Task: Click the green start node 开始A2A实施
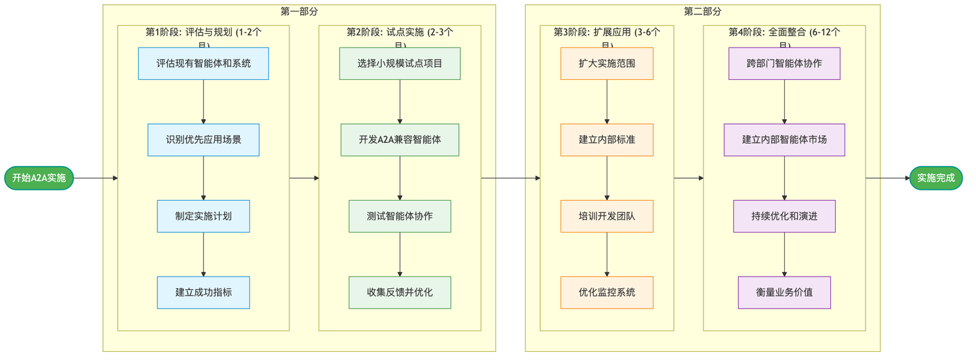39,178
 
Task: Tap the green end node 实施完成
936,178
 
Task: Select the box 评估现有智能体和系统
203,64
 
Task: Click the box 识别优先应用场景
203,140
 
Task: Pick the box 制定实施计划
203,216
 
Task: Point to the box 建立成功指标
203,292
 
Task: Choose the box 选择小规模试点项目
400,64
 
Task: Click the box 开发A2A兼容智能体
400,140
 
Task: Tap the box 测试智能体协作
400,216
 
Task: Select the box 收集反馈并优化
400,292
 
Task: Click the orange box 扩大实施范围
607,64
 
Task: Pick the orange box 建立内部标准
607,140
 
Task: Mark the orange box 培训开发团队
607,216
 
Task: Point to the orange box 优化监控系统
607,292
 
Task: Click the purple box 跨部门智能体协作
784,64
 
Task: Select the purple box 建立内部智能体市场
784,140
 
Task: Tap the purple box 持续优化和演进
784,216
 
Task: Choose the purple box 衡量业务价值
784,292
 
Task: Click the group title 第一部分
299,12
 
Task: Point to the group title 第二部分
702,12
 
